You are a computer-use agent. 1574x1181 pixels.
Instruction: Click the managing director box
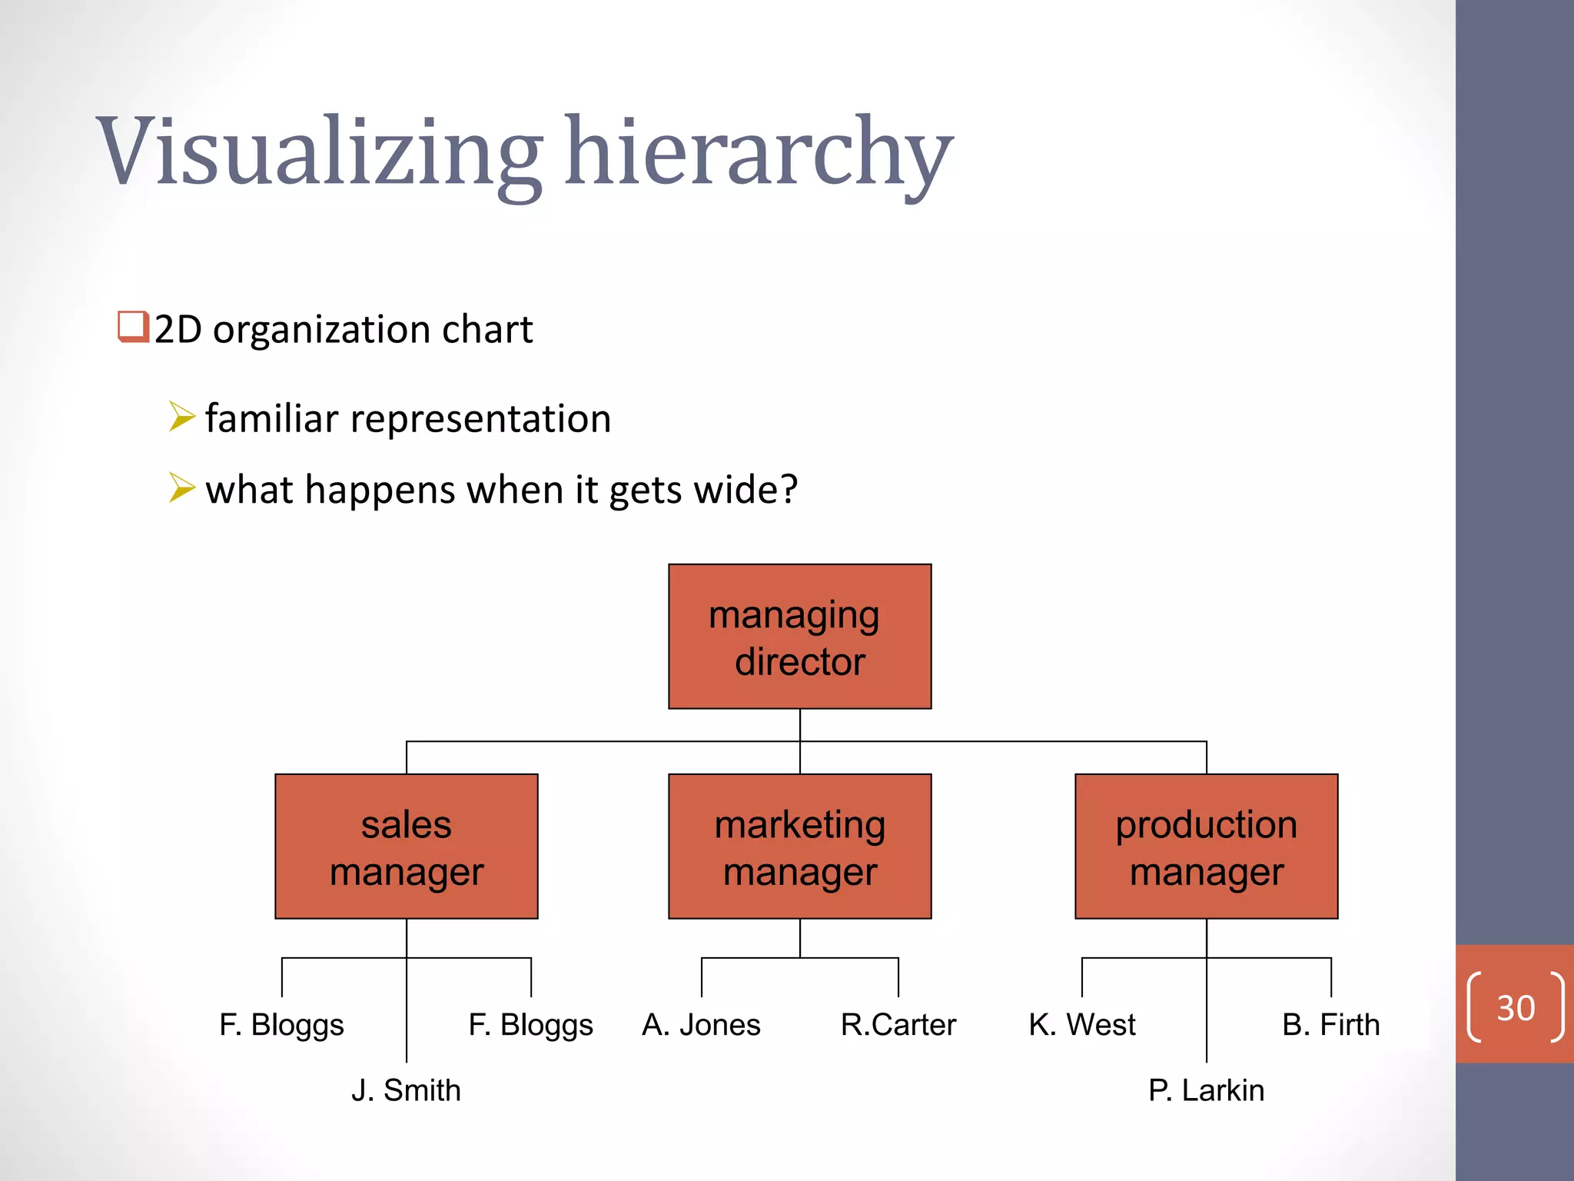pyautogui.click(x=799, y=637)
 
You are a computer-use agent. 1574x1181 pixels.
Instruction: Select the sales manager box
pyautogui.click(x=407, y=847)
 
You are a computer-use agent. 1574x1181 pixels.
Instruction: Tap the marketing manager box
pyautogui.click(x=799, y=847)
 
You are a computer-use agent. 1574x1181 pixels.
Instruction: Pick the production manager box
pyautogui.click(x=1206, y=847)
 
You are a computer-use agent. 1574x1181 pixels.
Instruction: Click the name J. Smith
pyautogui.click(x=406, y=1090)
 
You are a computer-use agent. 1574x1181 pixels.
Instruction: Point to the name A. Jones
pyautogui.click(x=701, y=1025)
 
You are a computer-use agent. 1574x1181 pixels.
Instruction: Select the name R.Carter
pyautogui.click(x=898, y=1025)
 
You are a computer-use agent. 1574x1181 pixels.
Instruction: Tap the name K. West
pyautogui.click(x=1082, y=1025)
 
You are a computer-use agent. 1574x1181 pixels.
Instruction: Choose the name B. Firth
pyautogui.click(x=1330, y=1025)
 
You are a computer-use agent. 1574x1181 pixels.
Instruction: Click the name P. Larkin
pyautogui.click(x=1206, y=1090)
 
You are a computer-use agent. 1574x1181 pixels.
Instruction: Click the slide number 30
pyautogui.click(x=1516, y=1008)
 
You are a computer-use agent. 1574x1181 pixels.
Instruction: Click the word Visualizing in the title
pyautogui.click(x=319, y=151)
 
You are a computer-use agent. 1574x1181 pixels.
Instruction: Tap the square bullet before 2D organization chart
pyautogui.click(x=133, y=327)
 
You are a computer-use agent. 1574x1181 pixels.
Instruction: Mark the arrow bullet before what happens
pyautogui.click(x=182, y=487)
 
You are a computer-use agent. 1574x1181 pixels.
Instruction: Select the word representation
pyautogui.click(x=480, y=419)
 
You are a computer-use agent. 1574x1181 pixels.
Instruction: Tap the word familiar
pyautogui.click(x=271, y=419)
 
